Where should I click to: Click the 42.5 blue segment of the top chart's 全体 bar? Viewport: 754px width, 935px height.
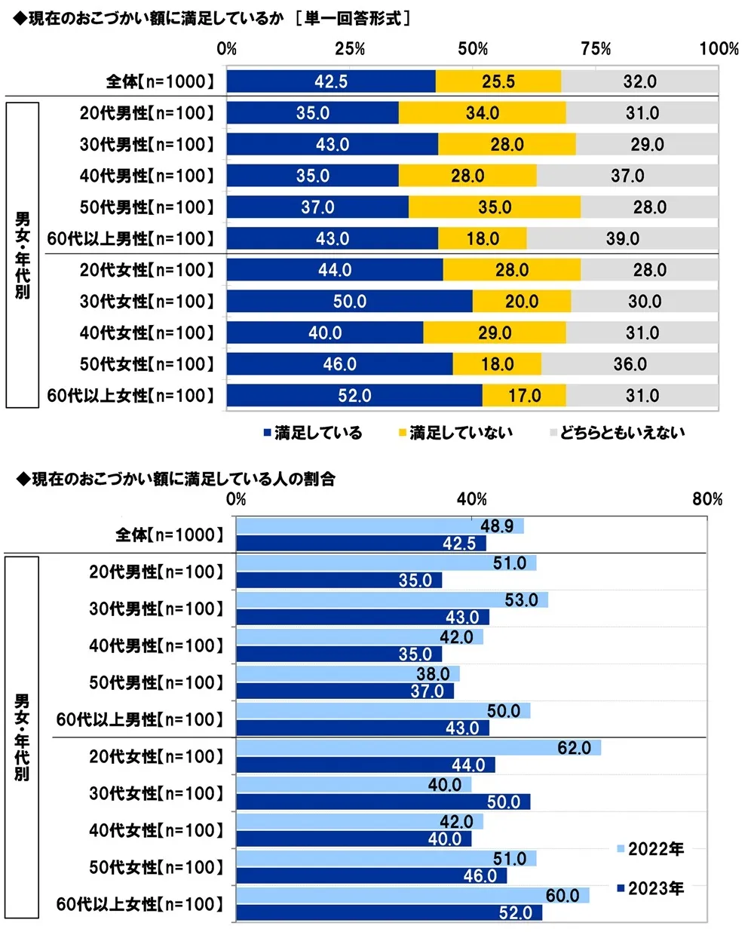pos(331,81)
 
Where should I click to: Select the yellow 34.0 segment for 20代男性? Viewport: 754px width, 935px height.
pos(483,113)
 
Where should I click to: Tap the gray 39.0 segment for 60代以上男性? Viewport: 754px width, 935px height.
pos(623,239)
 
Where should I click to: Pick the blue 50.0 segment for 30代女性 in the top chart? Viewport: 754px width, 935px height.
pos(350,302)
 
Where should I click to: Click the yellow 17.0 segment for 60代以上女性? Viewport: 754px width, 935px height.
pos(525,396)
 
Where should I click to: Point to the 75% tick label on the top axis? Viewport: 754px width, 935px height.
pos(596,49)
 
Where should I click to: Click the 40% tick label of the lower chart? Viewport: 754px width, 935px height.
pos(472,499)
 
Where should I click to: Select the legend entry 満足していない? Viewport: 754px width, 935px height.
pos(456,433)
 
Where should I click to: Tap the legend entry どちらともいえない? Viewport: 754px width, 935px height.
pos(618,433)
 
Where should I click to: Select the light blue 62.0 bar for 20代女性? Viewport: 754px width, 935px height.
pos(418,748)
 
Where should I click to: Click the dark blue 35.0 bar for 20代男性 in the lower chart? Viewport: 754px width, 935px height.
pos(339,581)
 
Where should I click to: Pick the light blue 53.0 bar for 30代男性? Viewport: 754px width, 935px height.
pos(392,600)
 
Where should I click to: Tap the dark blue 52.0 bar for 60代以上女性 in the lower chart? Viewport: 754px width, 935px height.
pos(389,912)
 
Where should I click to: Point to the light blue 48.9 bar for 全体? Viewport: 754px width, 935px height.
pos(380,526)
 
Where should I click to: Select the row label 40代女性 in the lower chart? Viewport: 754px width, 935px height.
pos(156,831)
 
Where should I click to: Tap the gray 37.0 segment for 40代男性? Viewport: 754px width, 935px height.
pos(627,176)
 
